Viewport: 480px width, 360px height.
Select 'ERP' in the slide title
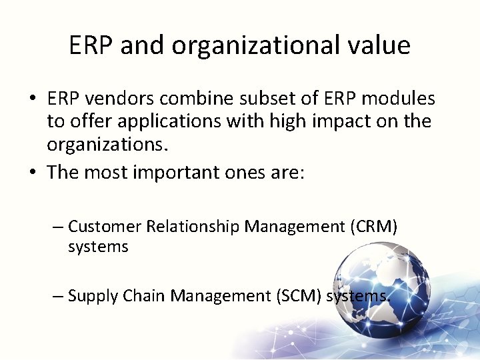(90, 45)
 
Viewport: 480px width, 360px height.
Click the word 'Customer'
(105, 227)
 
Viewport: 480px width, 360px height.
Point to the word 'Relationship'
(193, 227)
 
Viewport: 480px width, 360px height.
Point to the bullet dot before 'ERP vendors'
(32, 100)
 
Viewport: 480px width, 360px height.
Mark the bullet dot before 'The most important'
(32, 173)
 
